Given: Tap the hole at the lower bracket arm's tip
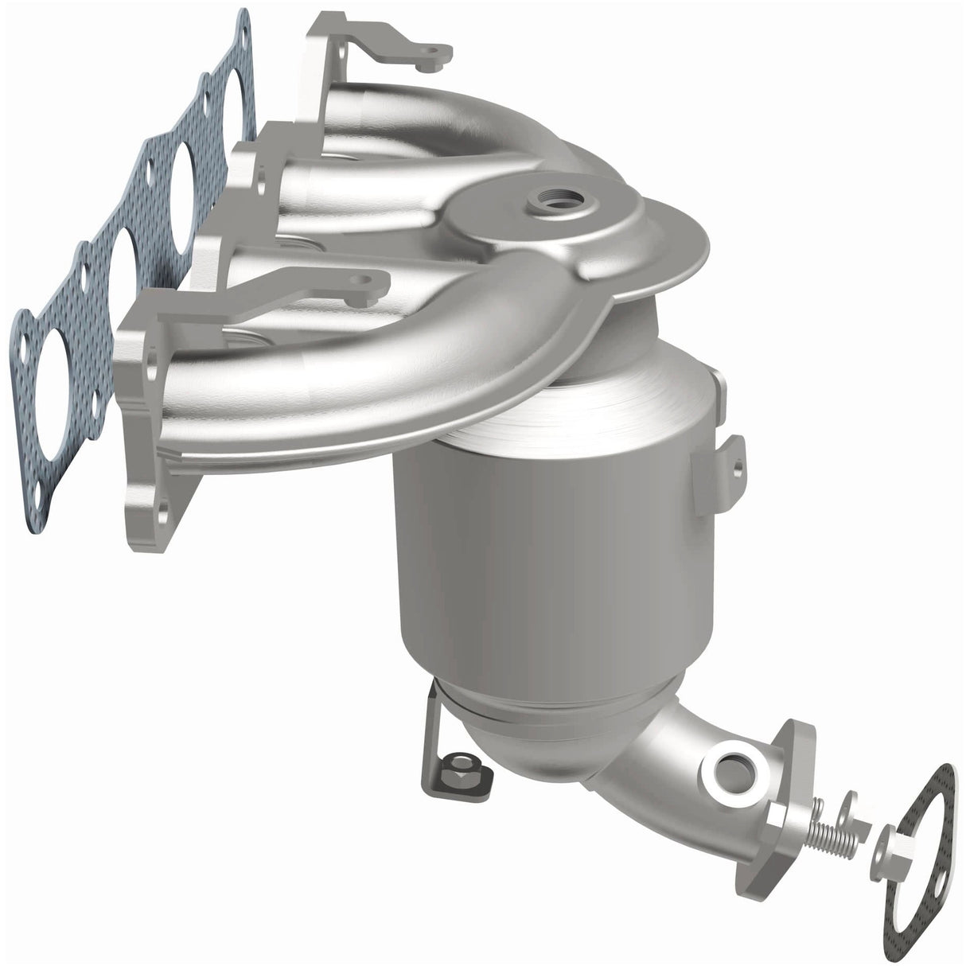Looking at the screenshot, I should pyautogui.click(x=363, y=281).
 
